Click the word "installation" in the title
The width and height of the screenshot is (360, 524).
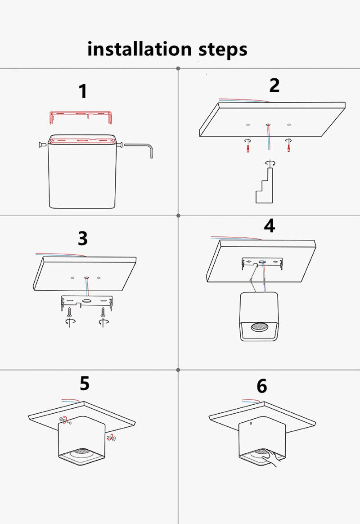click(x=139, y=49)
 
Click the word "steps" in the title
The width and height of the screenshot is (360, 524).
click(x=223, y=50)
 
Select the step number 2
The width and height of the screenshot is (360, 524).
click(x=274, y=85)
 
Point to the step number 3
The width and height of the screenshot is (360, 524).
click(x=83, y=238)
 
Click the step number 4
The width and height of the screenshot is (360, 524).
click(x=270, y=226)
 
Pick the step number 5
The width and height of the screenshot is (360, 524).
click(x=85, y=383)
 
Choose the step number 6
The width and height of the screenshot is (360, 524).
click(x=262, y=386)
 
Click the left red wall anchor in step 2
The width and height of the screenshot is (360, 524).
click(x=248, y=147)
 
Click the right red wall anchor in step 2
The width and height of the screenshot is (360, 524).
click(x=289, y=147)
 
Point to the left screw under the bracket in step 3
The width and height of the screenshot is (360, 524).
click(x=69, y=312)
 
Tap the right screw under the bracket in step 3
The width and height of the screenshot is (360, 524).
click(x=103, y=312)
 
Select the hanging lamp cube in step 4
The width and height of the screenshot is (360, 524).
click(x=259, y=316)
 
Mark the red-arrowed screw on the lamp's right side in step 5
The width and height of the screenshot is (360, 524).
click(x=111, y=438)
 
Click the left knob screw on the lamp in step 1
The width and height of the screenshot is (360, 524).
click(x=42, y=145)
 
